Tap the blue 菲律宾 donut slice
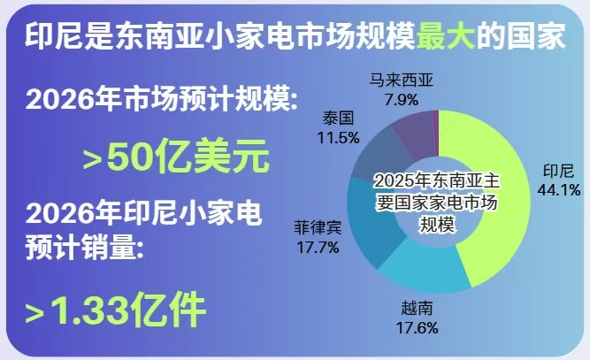372,222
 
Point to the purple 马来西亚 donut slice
414,132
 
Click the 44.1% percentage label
559,190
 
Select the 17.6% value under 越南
417,327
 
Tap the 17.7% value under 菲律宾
318,248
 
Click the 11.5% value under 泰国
338,138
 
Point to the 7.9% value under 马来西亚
402,100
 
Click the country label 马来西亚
401,80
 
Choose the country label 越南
417,309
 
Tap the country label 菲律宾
318,228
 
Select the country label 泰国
338,119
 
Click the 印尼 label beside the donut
559,172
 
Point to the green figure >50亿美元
176,156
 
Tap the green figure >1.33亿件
116,310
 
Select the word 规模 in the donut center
437,224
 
